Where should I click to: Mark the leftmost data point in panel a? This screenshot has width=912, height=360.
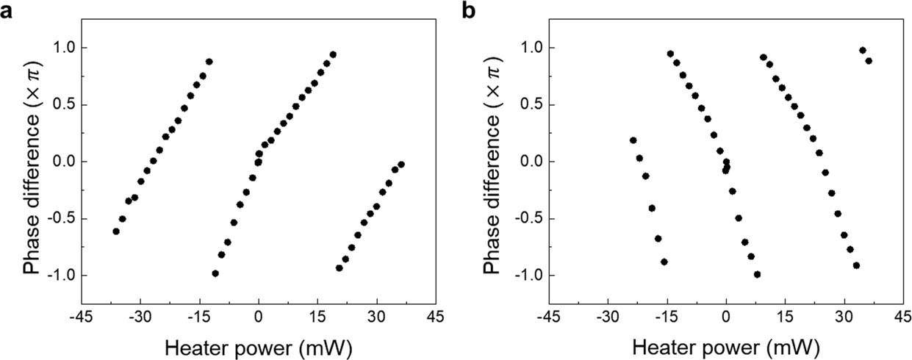click(116, 231)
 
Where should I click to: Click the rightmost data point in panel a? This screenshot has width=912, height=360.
click(401, 165)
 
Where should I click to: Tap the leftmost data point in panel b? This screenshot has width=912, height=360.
click(633, 140)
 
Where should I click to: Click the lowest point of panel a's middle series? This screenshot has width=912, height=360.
click(215, 273)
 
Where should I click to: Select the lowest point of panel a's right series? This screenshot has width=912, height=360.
click(340, 268)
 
